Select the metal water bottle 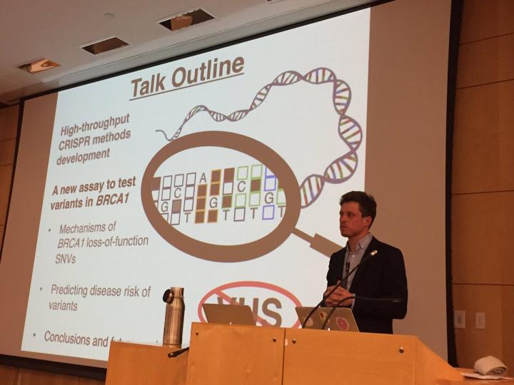tap(173, 317)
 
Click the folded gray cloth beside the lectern tap(490, 365)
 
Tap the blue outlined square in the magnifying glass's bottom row tap(268, 211)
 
